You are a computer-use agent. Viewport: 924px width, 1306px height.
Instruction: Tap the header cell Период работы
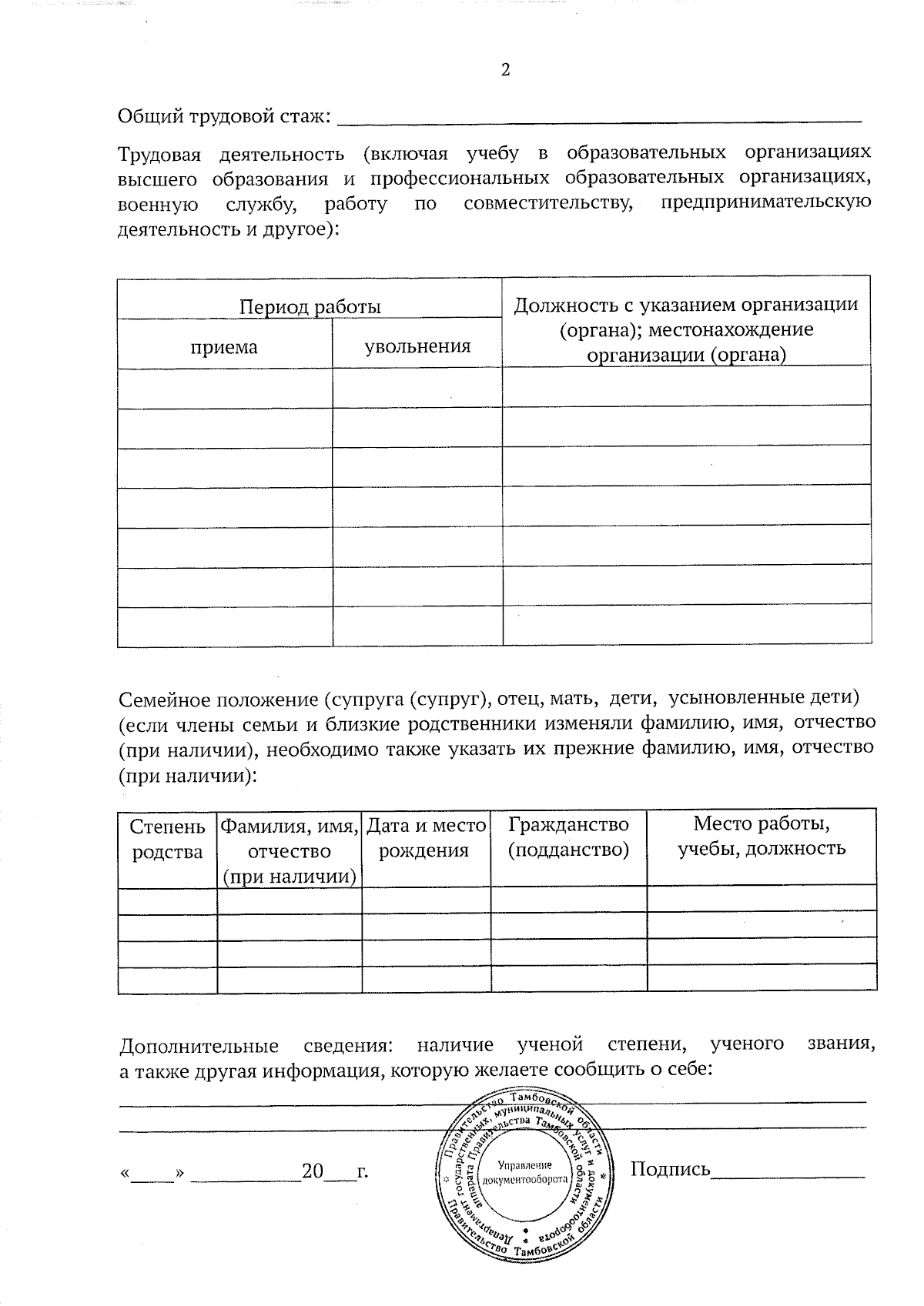click(x=310, y=307)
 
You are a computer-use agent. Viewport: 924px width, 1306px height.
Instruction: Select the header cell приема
click(x=224, y=346)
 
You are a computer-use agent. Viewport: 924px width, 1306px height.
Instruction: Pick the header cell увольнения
click(x=417, y=346)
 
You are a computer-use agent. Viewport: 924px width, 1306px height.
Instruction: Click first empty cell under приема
click(x=224, y=388)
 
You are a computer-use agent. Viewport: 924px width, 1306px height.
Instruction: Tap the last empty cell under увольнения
click(x=417, y=626)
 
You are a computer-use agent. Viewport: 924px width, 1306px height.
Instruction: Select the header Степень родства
click(x=167, y=839)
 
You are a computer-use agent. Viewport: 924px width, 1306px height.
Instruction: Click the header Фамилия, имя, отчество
click(x=290, y=850)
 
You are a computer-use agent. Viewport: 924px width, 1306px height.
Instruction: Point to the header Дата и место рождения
click(x=426, y=838)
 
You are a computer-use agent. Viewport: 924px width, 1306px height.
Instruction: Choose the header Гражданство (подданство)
click(x=568, y=837)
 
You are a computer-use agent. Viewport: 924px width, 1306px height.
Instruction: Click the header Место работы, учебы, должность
click(x=761, y=837)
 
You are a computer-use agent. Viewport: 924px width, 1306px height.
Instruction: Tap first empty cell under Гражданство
click(x=568, y=898)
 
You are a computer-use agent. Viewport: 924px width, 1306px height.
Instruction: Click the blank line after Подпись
click(x=788, y=1174)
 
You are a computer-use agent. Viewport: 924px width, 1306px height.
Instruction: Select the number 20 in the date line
click(x=313, y=1172)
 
